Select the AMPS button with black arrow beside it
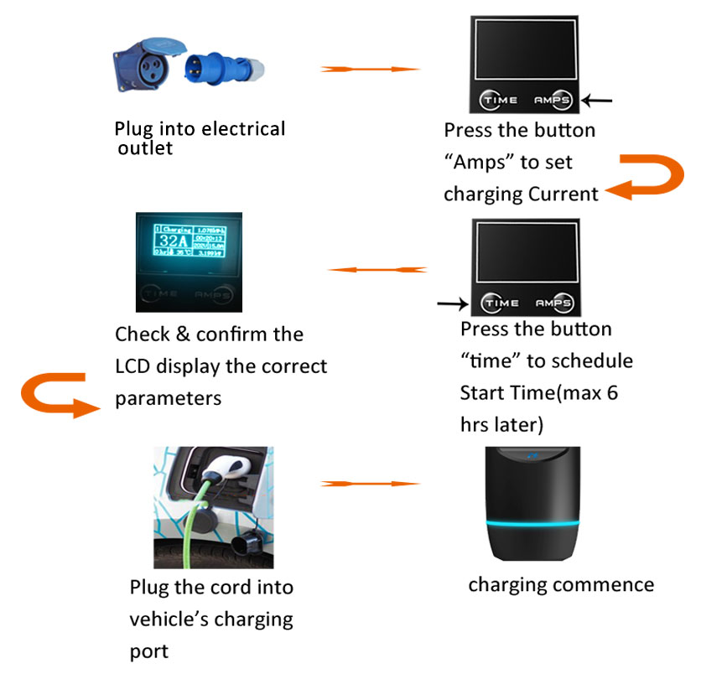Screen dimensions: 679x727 (x=553, y=100)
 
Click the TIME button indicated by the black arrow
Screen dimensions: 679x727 (x=503, y=303)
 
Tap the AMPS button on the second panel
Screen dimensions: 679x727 (x=553, y=303)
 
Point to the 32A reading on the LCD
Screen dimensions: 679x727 (x=172, y=241)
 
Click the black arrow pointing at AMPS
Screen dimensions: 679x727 (x=598, y=101)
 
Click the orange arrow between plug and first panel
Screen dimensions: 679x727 (x=370, y=69)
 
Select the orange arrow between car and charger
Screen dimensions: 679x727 (x=370, y=484)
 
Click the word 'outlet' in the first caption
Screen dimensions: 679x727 (x=145, y=149)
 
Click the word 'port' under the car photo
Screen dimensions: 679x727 (x=148, y=650)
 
